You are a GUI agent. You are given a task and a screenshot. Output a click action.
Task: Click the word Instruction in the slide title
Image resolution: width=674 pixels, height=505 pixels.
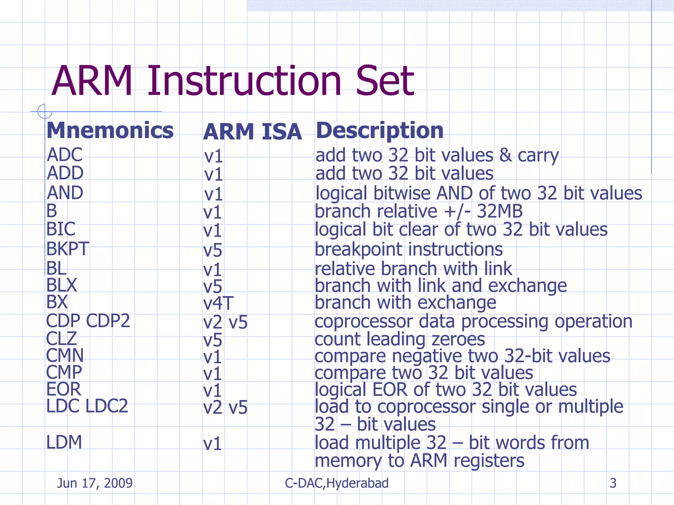pos(244,81)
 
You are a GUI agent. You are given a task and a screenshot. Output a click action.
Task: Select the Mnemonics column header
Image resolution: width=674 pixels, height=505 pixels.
pos(110,131)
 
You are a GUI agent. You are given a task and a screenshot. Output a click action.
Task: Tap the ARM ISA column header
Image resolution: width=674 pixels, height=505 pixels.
pos(252,132)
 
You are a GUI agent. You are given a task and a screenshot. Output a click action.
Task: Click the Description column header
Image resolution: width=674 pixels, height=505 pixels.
pos(380,131)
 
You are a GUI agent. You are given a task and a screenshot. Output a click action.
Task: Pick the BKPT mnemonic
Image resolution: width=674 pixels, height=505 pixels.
pos(67,249)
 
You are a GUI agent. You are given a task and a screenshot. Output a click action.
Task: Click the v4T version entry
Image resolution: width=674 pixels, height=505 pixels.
pos(218,303)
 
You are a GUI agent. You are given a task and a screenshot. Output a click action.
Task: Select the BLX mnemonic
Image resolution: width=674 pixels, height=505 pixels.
pos(62,285)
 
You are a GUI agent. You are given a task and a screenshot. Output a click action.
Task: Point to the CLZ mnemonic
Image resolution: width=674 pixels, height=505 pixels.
pos(62,338)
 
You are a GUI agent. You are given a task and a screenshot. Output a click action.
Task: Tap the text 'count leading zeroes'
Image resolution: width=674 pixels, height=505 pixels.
pos(400,339)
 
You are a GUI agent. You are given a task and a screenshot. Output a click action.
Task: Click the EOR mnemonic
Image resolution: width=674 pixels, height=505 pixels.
pos(64,389)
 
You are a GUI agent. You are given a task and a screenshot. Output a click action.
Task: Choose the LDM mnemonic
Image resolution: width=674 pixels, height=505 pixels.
pos(64,442)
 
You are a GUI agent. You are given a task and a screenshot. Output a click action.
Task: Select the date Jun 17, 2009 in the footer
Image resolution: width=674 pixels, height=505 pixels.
pos(94,483)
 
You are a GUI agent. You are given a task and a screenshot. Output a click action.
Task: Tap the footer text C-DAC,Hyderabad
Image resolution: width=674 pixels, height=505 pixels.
pos(337,483)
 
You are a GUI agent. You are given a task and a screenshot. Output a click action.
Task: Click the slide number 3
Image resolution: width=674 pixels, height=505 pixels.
pos(613,483)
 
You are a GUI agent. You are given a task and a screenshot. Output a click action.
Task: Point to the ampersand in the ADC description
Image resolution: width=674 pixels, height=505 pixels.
pos(505,155)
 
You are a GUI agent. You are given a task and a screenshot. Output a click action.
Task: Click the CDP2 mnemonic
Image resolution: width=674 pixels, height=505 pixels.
pos(108,321)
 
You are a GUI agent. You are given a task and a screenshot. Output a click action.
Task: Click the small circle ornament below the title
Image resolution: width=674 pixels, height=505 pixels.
pos(44,111)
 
